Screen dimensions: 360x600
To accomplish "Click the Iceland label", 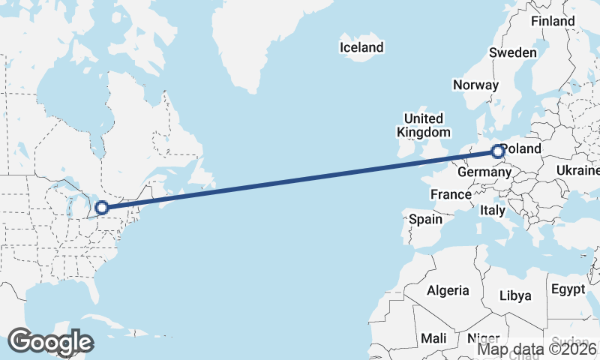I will click(x=361, y=47).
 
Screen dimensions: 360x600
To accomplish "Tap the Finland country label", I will click(x=553, y=21).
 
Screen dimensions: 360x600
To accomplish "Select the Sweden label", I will click(x=513, y=52).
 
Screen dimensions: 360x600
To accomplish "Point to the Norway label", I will click(x=475, y=85).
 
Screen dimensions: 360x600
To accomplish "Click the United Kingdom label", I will click(x=424, y=125).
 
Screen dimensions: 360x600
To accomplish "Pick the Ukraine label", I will click(x=577, y=171).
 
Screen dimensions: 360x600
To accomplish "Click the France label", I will click(x=451, y=194).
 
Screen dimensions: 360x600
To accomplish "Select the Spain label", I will click(x=425, y=220).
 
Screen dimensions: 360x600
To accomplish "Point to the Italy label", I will click(x=493, y=211).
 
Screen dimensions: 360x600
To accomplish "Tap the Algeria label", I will click(x=448, y=290).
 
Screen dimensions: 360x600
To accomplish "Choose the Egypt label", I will click(x=567, y=289).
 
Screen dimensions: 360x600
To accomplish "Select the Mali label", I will click(x=433, y=338).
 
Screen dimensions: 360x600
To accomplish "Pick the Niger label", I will click(x=483, y=338).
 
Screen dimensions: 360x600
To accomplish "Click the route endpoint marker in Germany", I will click(x=497, y=152).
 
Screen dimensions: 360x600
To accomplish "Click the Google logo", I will click(x=50, y=341).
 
